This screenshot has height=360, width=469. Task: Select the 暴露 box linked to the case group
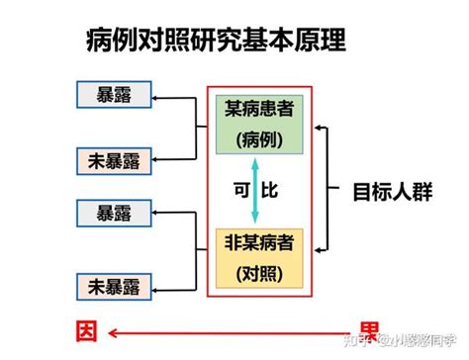(x=118, y=96)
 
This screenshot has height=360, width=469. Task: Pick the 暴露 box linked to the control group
(x=118, y=211)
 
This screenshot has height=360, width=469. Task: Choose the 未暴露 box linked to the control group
(x=118, y=287)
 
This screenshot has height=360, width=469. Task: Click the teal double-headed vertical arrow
(x=256, y=190)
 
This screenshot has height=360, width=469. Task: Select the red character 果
(x=368, y=330)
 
